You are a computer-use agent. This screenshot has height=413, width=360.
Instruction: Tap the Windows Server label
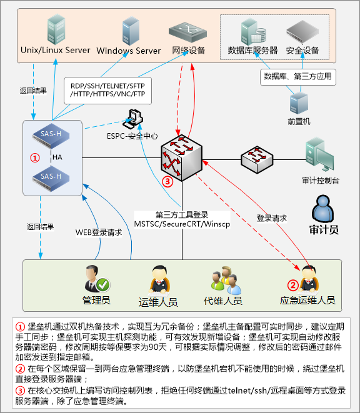pos(129,50)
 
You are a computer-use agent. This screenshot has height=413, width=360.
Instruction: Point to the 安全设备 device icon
pos(302,32)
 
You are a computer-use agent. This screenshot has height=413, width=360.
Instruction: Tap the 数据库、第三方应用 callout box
pos(297,77)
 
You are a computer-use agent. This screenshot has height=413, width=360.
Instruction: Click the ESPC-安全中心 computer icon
pos(133,118)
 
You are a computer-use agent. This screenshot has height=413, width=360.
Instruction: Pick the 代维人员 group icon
pos(222,279)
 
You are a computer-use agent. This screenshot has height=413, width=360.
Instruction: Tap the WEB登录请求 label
pos(99,232)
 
